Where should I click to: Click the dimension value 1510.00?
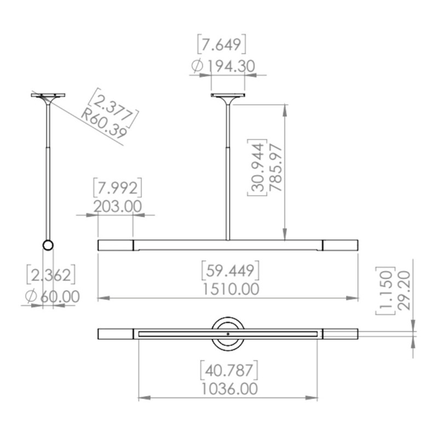click(x=230, y=289)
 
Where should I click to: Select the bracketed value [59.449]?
click(x=230, y=270)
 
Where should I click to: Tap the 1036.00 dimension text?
click(x=229, y=389)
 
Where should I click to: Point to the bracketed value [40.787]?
click(x=229, y=370)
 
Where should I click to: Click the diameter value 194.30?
click(x=232, y=66)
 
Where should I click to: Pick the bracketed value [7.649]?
click(x=222, y=44)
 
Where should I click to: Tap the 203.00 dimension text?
click(x=117, y=207)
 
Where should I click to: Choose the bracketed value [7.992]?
click(x=118, y=187)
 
